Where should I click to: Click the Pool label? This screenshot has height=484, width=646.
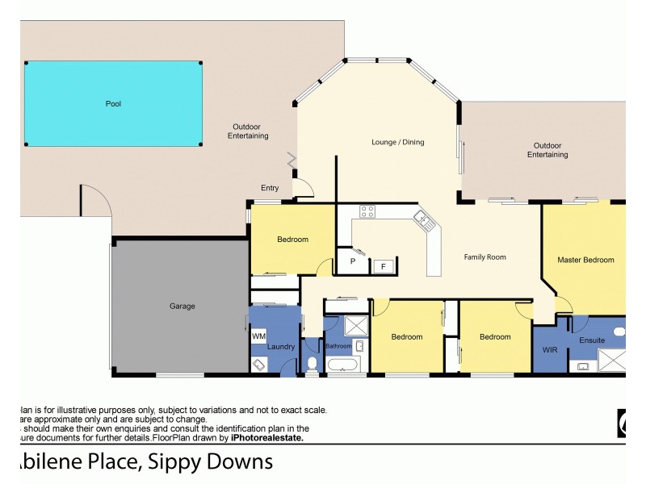pos(113,104)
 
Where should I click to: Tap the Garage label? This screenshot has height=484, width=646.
pos(182,306)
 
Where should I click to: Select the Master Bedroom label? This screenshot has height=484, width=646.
pos(585,260)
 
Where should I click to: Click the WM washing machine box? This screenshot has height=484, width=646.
pos(258,336)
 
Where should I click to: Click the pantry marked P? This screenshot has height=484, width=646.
pos(353,261)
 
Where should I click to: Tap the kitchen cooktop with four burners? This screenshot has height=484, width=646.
pos(367,213)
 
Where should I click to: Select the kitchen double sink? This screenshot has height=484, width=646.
pos(423,218)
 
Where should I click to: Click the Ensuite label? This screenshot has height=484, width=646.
pos(592,340)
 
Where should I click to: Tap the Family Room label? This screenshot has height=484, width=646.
pos(484,257)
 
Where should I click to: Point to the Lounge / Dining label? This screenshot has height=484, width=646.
pos(397,143)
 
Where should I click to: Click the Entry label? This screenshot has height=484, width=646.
pos(269,188)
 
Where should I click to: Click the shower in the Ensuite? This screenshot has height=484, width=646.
pos(615,361)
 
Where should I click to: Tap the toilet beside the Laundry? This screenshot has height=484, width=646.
pos(313,363)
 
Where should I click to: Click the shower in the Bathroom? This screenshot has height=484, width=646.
pos(354,327)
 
